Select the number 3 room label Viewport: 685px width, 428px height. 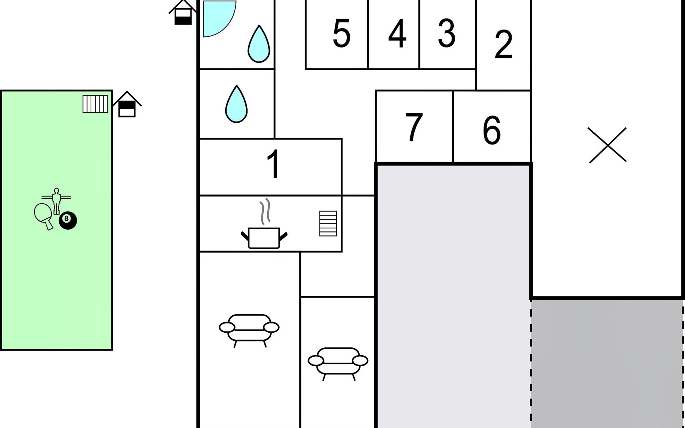pos(447,33)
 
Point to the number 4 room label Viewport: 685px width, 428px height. pos(397,34)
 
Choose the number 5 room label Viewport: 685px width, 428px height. pos(341,33)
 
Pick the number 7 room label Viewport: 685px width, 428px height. pos(414,127)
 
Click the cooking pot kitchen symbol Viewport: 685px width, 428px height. pos(264,225)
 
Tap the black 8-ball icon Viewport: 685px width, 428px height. pos(68,220)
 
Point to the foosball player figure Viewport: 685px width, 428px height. pos(56,201)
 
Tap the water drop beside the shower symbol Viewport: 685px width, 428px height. pos(259,44)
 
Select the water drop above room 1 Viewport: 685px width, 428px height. pos(236,104)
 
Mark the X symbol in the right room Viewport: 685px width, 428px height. pos(608,145)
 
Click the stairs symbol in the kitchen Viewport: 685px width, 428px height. pos(328,224)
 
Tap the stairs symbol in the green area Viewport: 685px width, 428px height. pos(95,104)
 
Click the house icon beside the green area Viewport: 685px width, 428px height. pos(127,104)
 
